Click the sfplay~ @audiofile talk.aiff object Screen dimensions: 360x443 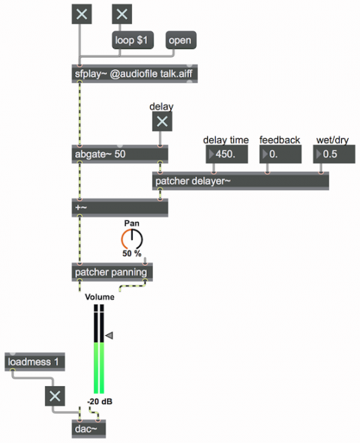point(134,73)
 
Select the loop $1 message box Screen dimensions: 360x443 point(133,40)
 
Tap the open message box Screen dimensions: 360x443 point(181,40)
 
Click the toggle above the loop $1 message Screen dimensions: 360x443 point(122,13)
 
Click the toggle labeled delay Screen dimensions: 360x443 point(162,121)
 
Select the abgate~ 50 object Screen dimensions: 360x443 point(120,154)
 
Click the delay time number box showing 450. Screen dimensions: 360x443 point(227,154)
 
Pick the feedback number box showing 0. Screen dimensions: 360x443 point(280,154)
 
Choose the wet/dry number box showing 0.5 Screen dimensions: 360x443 point(334,154)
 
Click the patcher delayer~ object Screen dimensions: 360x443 point(241,181)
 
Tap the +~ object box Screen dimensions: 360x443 point(120,208)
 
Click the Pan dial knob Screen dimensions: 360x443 point(132,240)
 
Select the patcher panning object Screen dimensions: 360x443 point(112,272)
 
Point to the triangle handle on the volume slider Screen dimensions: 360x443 point(109,335)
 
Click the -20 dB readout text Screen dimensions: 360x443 point(100,401)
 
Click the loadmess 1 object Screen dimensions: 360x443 point(34,362)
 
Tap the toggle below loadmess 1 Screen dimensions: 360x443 point(55,396)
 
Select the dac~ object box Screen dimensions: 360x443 point(88,429)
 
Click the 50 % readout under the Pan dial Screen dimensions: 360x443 point(132,253)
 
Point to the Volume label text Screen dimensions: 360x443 point(100,297)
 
